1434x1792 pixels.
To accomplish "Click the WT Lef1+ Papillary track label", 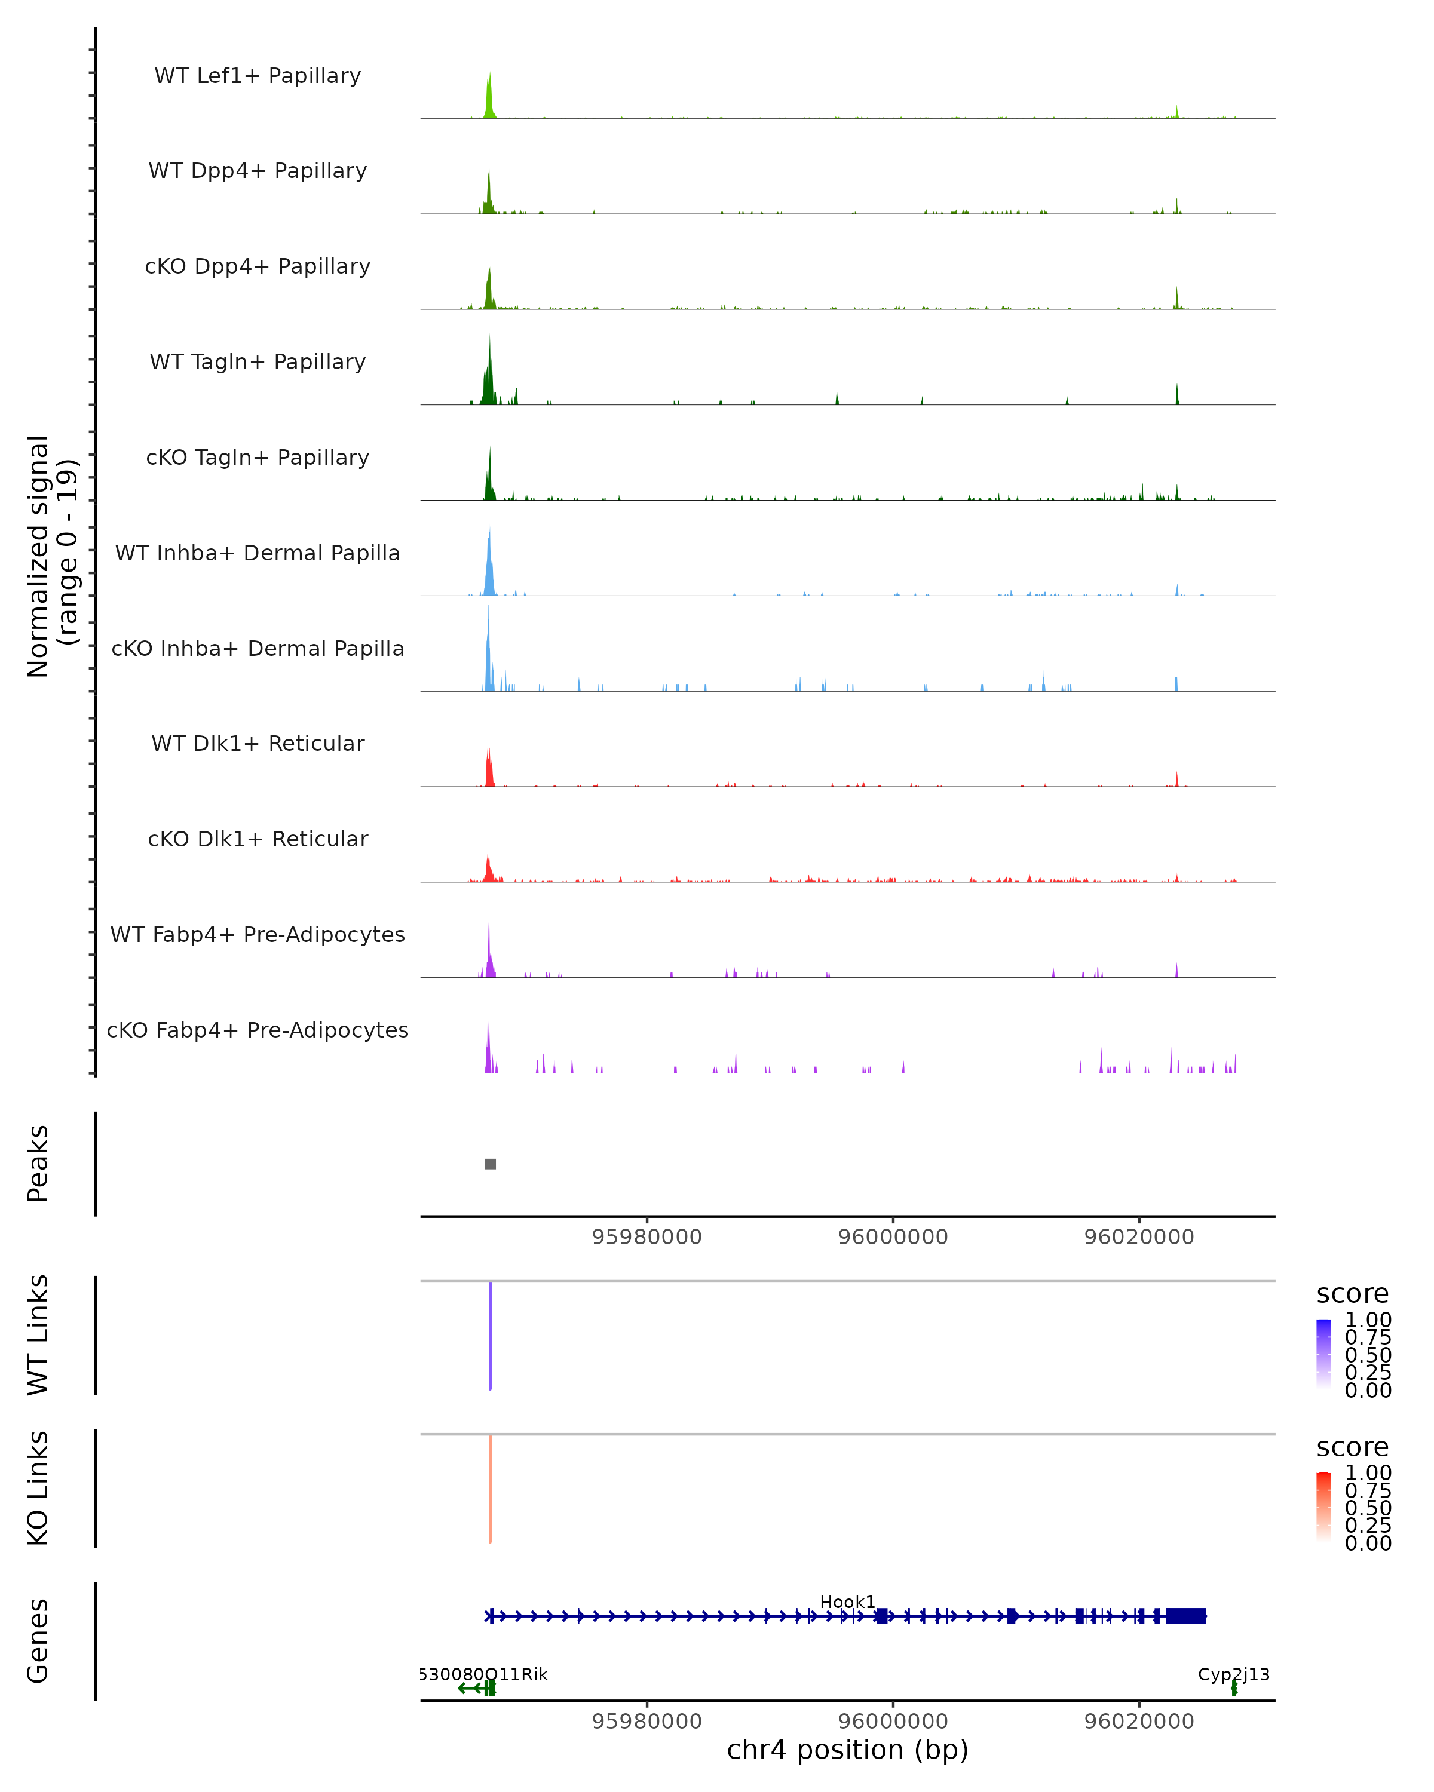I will point(258,76).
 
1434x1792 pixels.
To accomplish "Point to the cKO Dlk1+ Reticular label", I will point(258,839).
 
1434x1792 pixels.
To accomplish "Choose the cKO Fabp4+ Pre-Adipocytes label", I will point(258,1030).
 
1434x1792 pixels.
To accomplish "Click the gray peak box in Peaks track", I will point(491,1164).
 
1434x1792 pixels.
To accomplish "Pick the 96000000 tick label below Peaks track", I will point(893,1237).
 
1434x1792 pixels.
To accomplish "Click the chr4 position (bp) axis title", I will point(847,1750).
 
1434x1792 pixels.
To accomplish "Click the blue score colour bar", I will point(1323,1354).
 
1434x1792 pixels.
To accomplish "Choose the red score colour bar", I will point(1323,1507).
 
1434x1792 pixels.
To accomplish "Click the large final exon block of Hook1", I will point(1185,1616).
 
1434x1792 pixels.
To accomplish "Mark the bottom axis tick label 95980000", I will point(646,1722).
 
